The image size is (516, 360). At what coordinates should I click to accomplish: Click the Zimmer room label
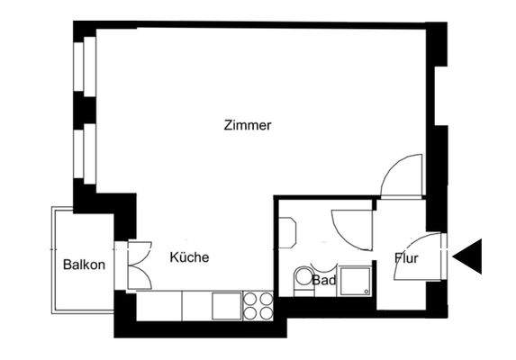(x=247, y=126)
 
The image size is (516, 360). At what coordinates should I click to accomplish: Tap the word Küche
(x=189, y=257)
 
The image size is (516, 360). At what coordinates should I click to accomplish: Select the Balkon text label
(x=85, y=265)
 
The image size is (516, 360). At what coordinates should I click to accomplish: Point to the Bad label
(x=324, y=280)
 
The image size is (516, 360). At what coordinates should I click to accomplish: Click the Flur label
(x=405, y=259)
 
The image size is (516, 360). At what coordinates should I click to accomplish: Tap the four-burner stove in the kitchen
(x=258, y=306)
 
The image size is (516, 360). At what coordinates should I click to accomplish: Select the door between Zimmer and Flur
(x=401, y=176)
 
